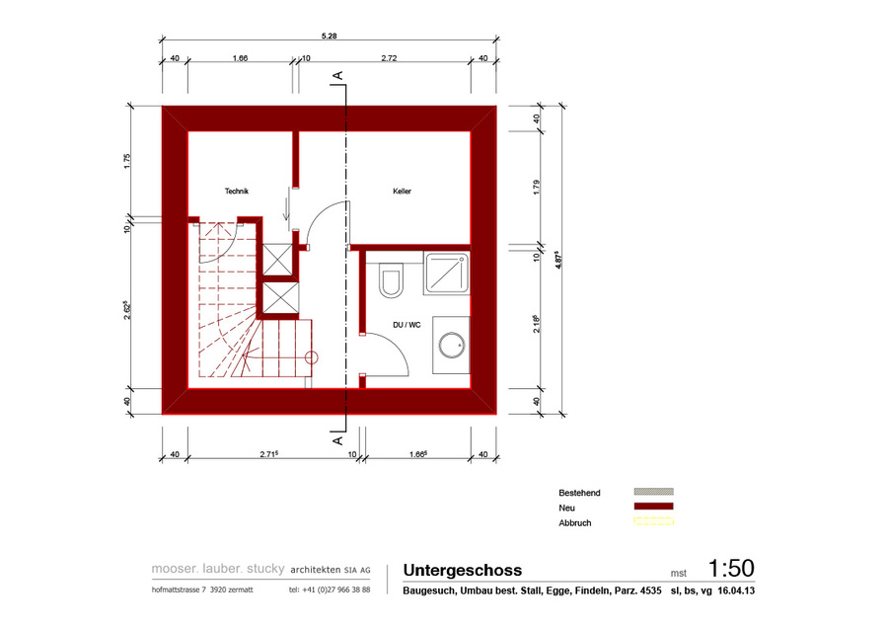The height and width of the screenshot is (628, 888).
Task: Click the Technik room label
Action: pyautogui.click(x=237, y=191)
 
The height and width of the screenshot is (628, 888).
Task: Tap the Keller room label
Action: pyautogui.click(x=403, y=191)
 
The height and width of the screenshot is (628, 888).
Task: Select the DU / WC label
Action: pyautogui.click(x=407, y=325)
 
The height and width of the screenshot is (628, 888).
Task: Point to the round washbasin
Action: pyautogui.click(x=452, y=346)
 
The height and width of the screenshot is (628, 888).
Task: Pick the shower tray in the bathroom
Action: pyautogui.click(x=447, y=274)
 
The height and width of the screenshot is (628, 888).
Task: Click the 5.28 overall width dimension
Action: pyautogui.click(x=329, y=36)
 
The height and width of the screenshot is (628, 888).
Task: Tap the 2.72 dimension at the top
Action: pyautogui.click(x=389, y=58)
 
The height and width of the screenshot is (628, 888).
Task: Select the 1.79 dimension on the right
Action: pyautogui.click(x=537, y=188)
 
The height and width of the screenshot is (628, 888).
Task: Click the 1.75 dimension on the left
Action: pyautogui.click(x=127, y=162)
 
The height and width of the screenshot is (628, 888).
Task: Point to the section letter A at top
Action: pyautogui.click(x=338, y=75)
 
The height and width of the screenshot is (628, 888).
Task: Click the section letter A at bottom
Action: pyautogui.click(x=338, y=440)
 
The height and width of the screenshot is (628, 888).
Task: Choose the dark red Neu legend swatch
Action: pyautogui.click(x=653, y=507)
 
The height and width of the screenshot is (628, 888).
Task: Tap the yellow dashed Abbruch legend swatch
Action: pyautogui.click(x=653, y=521)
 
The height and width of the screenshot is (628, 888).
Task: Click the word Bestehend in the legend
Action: pyautogui.click(x=579, y=493)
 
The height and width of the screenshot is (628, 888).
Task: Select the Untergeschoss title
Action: pyautogui.click(x=463, y=570)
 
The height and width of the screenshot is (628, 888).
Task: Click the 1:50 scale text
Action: pyautogui.click(x=731, y=568)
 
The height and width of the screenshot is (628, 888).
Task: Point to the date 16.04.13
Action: pyautogui.click(x=736, y=590)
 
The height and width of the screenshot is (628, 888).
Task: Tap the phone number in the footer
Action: pyautogui.click(x=330, y=589)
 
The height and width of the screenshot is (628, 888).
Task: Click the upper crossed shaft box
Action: pyautogui.click(x=277, y=260)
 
